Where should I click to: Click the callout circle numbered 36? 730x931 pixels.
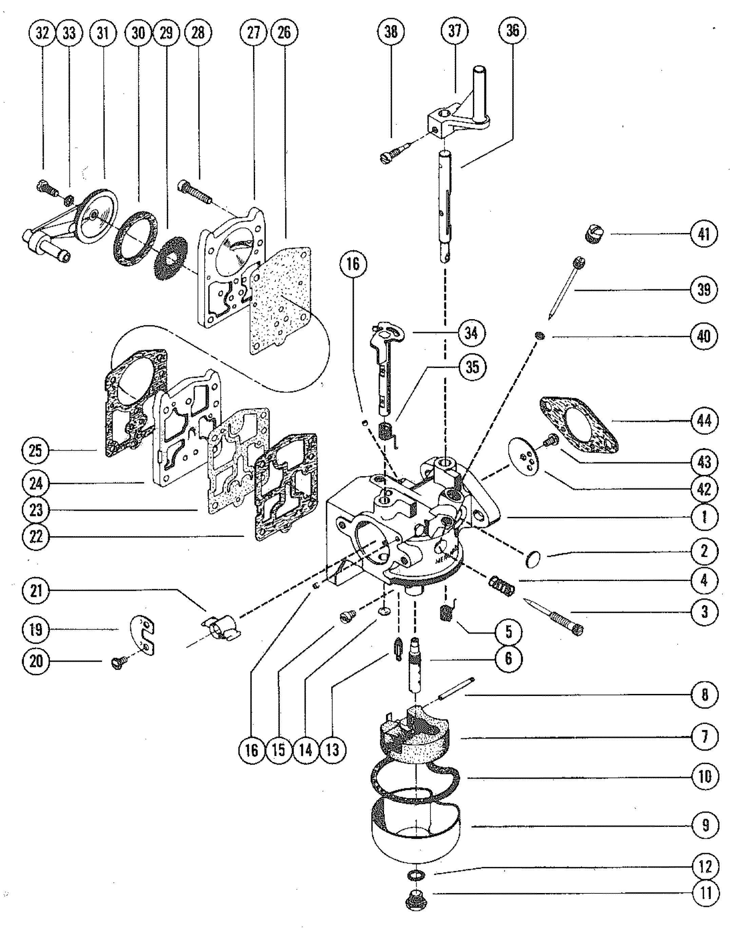(513, 31)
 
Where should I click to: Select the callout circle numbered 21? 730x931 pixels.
(36, 592)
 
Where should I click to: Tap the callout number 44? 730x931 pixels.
(704, 421)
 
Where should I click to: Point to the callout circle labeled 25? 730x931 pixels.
(36, 451)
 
